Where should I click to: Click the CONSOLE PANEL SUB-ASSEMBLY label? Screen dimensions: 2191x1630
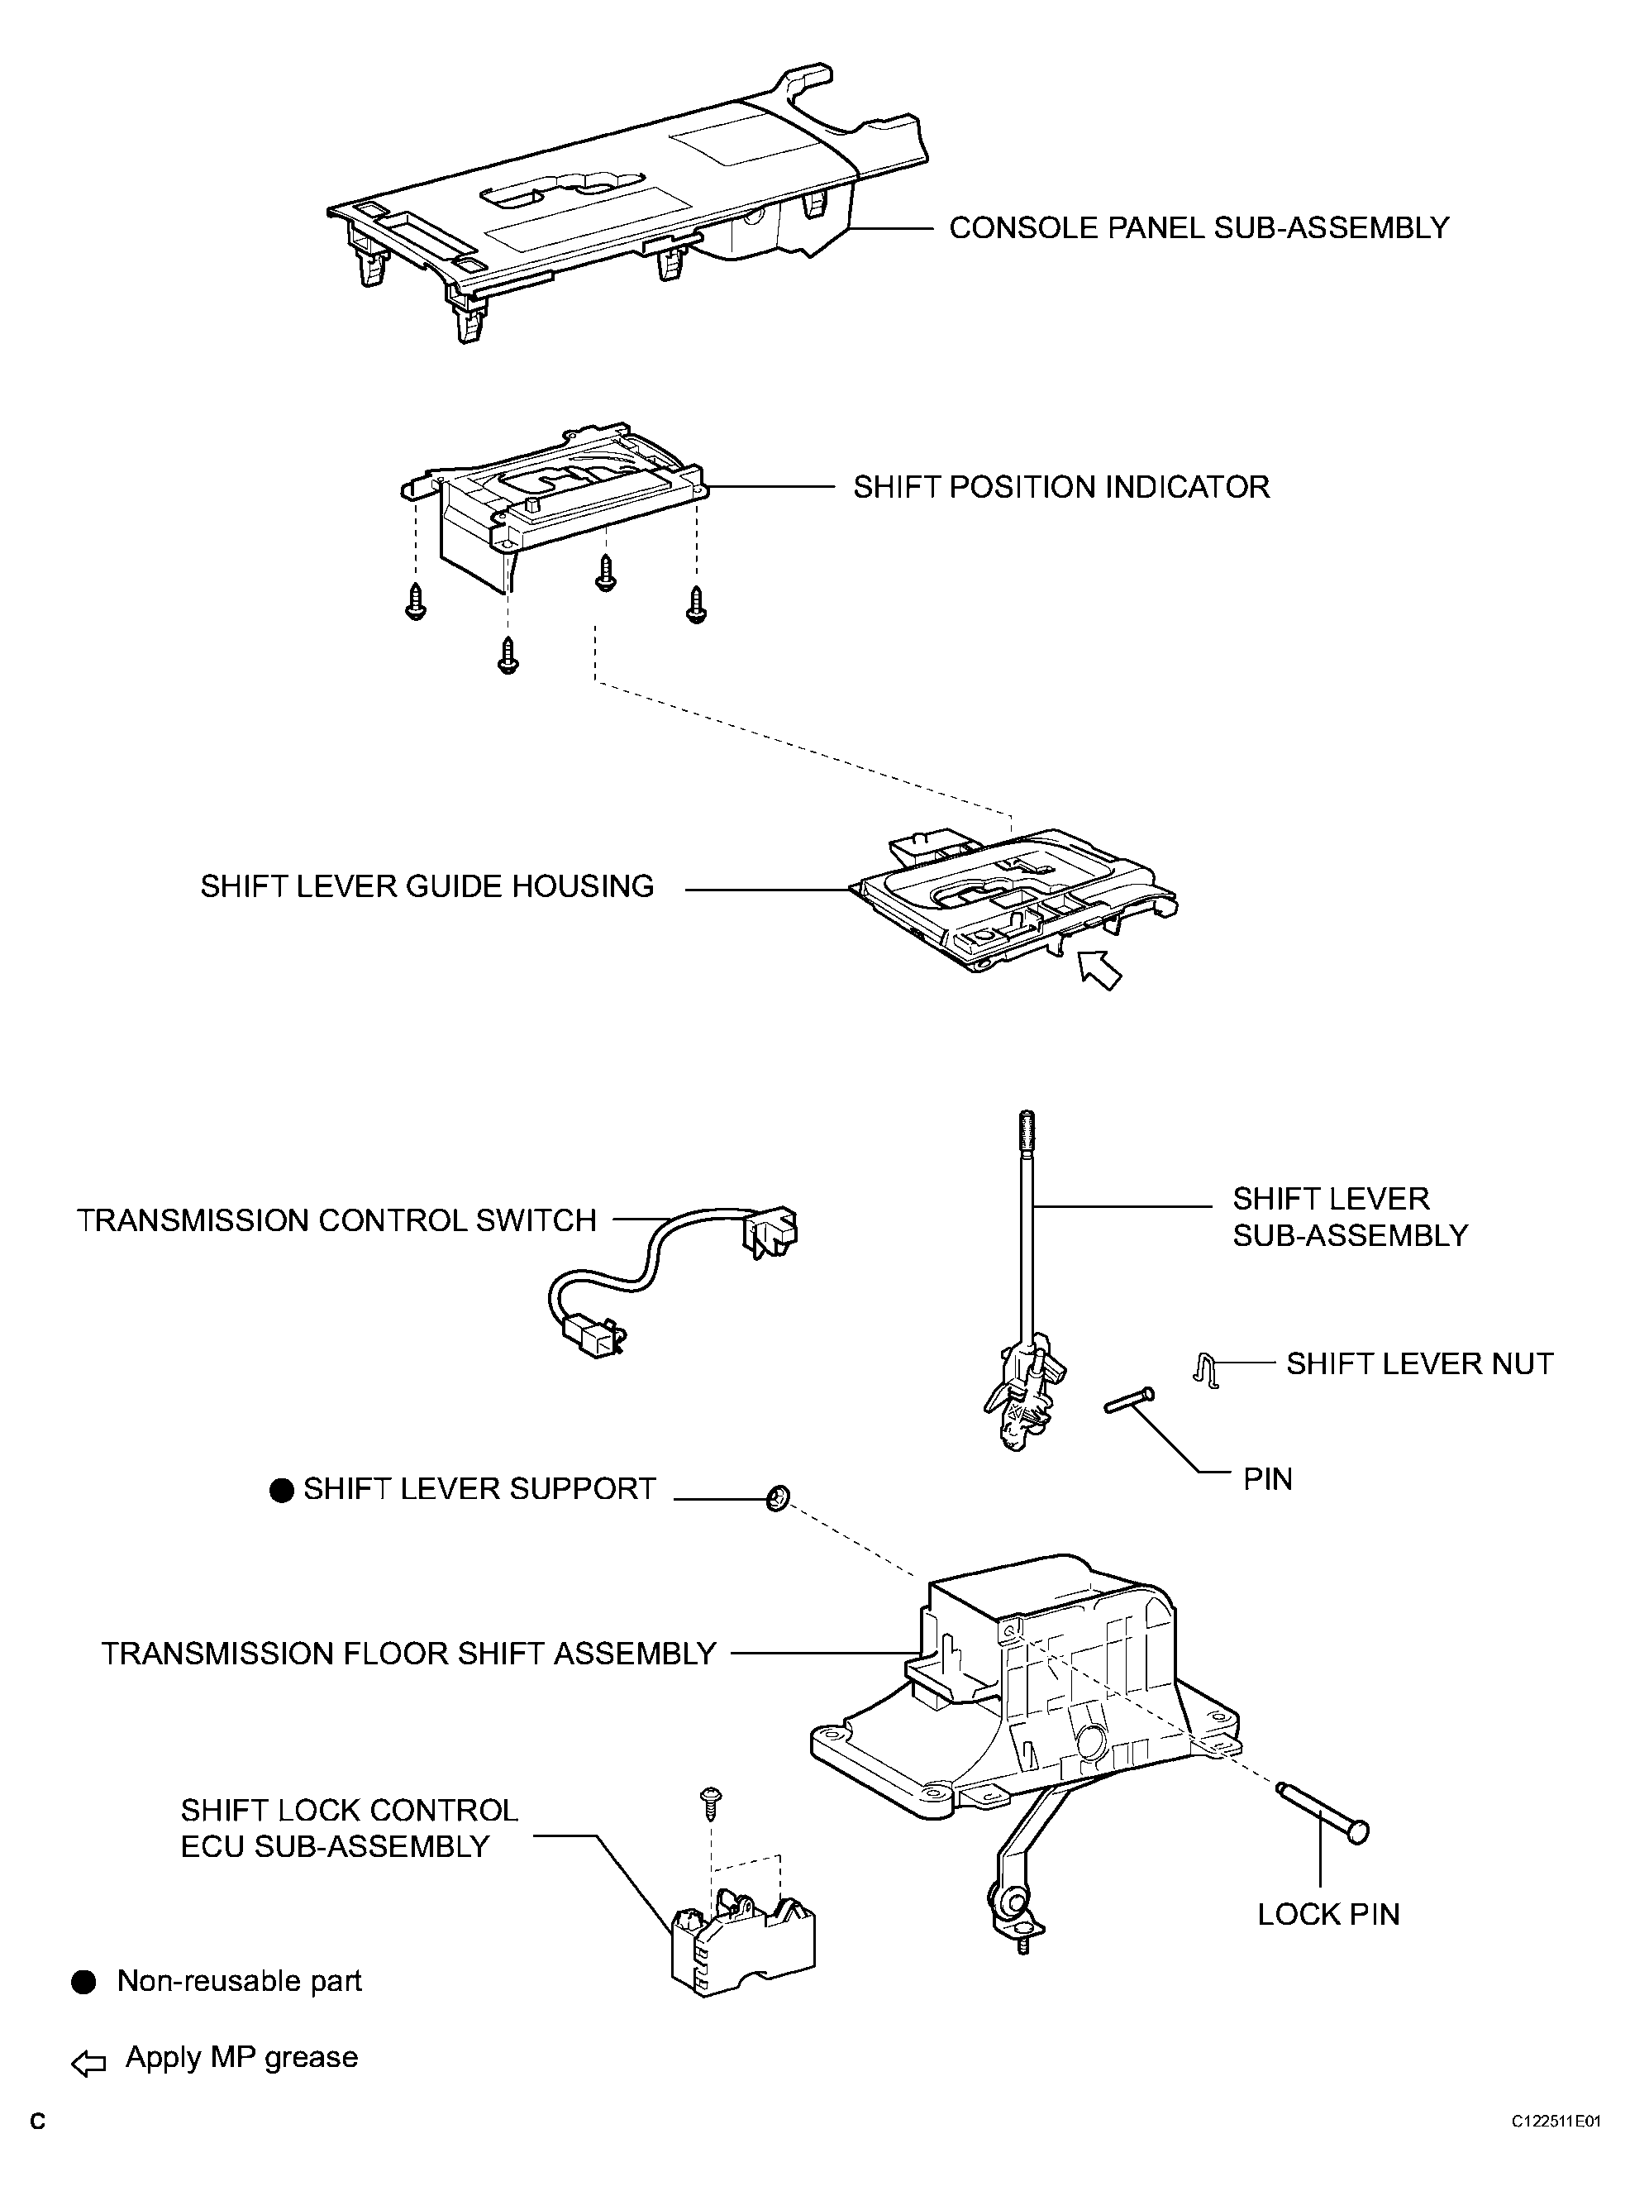click(1198, 228)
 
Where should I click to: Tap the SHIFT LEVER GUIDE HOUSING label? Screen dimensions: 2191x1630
click(427, 886)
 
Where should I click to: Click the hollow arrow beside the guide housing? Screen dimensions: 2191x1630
click(1099, 969)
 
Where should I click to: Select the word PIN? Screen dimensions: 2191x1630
click(1267, 1479)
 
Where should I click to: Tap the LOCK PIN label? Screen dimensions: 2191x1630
click(1328, 1915)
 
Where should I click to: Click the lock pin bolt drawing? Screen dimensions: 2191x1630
click(1323, 1810)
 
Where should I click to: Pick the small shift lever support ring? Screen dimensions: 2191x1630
click(778, 1499)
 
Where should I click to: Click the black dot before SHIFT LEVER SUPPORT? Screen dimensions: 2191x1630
click(282, 1490)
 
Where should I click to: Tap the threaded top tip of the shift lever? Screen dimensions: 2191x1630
click(1027, 1127)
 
